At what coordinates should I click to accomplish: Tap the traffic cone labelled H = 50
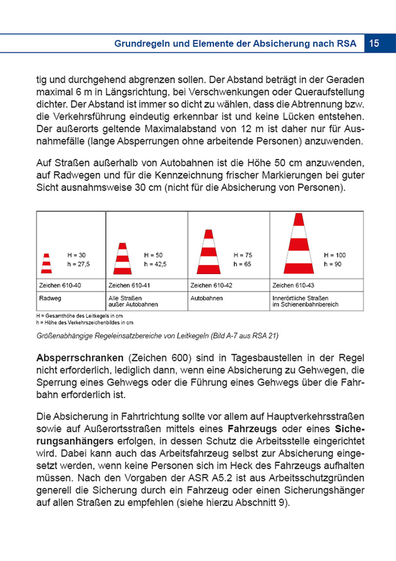[x=123, y=258]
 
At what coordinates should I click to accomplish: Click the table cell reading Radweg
[x=51, y=298]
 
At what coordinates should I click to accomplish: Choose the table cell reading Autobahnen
[x=206, y=298]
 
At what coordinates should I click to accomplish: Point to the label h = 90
[x=333, y=264]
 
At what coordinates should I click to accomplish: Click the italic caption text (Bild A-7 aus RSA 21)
[x=244, y=335]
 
